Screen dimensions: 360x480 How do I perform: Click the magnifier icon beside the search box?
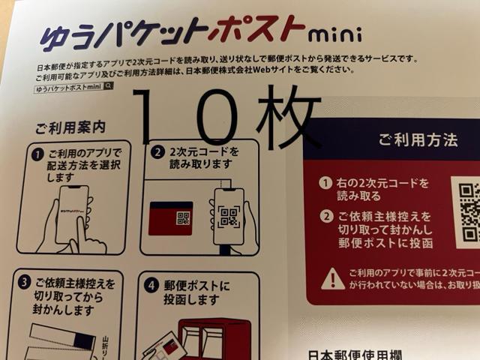point(109,86)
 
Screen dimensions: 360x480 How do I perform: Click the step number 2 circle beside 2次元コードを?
point(157,151)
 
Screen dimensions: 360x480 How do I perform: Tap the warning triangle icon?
point(332,280)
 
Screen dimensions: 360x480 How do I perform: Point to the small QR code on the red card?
point(183,217)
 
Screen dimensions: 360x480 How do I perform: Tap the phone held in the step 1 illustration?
point(72,214)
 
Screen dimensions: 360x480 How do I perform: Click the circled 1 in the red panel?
point(325,183)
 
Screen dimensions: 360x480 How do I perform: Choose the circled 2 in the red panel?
point(325,217)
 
